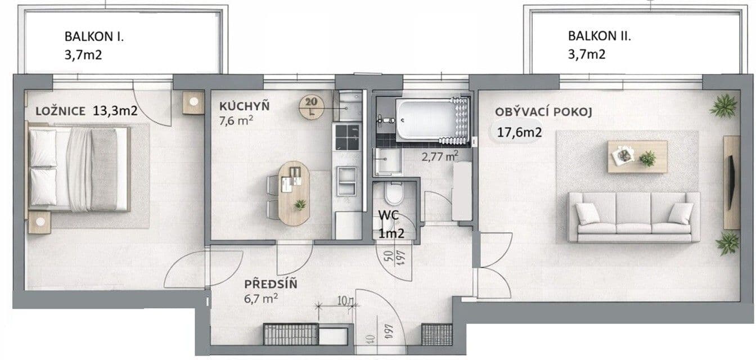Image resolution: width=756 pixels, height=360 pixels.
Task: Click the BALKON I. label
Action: (x=94, y=38)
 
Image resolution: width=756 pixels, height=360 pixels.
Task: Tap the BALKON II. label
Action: (x=599, y=37)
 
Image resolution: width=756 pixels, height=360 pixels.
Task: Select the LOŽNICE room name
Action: (x=59, y=111)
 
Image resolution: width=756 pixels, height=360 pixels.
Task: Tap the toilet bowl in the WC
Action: (x=394, y=196)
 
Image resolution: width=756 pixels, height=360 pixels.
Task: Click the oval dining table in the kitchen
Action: (x=293, y=192)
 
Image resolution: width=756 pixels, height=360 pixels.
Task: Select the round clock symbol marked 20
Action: (x=310, y=105)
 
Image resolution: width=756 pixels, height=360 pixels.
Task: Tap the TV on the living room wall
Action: (x=731, y=182)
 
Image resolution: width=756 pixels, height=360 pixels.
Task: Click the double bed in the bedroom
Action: (x=79, y=168)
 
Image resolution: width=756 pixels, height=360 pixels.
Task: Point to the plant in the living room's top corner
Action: (x=723, y=105)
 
